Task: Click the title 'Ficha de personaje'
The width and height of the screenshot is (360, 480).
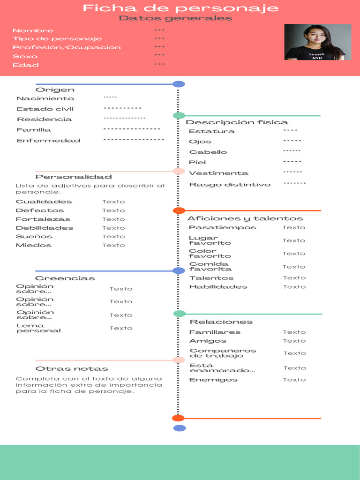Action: pyautogui.click(x=180, y=8)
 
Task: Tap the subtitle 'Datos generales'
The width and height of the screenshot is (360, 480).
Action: pyautogui.click(x=175, y=18)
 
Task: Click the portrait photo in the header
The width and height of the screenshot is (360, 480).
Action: pyautogui.click(x=317, y=42)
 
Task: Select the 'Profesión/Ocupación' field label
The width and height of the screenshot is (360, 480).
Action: pyautogui.click(x=67, y=47)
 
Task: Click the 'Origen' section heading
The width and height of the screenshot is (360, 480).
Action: pyautogui.click(x=55, y=90)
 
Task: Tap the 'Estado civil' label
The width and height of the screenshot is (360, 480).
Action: pyautogui.click(x=45, y=109)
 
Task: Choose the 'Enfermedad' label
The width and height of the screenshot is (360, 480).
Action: pyautogui.click(x=48, y=141)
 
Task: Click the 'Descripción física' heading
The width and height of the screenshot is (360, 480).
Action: pyautogui.click(x=237, y=122)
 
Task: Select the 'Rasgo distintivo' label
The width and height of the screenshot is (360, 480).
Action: pyautogui.click(x=230, y=185)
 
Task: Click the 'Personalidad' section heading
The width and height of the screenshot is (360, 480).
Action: pyautogui.click(x=74, y=177)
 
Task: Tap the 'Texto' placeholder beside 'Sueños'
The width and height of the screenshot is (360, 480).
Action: pyautogui.click(x=114, y=237)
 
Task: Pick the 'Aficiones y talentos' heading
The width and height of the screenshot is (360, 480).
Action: pyautogui.click(x=245, y=218)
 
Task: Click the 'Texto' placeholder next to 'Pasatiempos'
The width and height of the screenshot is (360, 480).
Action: pyautogui.click(x=294, y=228)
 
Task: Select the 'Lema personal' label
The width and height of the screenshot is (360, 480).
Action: pyautogui.click(x=38, y=328)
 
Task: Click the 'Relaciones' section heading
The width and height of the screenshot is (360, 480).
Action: pyautogui.click(x=221, y=322)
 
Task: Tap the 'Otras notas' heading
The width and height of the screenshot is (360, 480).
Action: pyautogui.click(x=72, y=369)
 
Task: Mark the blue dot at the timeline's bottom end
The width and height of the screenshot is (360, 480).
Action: pyautogui.click(x=180, y=428)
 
